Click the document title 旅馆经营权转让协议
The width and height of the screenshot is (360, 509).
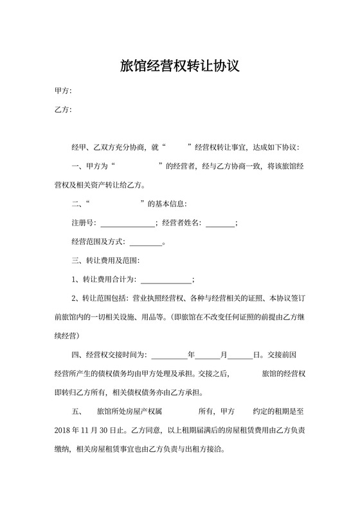(180, 66)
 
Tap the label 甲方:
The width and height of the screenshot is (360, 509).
(63, 91)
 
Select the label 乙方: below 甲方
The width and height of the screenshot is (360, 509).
(63, 110)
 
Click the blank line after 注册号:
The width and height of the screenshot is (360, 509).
(127, 223)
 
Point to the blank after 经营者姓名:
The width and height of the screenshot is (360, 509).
(220, 223)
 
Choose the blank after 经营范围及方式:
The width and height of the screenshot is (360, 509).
(147, 242)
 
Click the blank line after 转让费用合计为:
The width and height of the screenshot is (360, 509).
(166, 280)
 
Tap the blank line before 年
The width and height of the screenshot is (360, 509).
(168, 354)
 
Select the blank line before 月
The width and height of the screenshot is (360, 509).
(208, 354)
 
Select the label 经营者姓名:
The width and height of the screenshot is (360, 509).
(182, 223)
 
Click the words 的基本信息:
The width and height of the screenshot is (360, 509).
(167, 204)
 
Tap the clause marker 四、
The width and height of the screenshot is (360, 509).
(78, 354)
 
